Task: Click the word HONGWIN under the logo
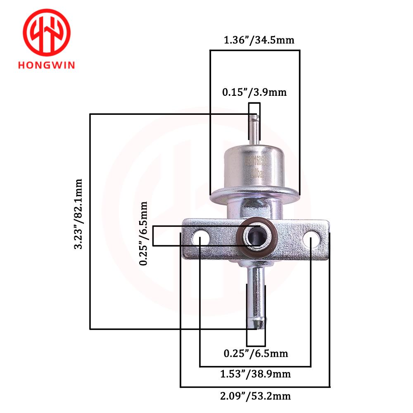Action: [x=46, y=65]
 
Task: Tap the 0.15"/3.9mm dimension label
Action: [x=254, y=92]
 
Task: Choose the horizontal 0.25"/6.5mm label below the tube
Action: [x=256, y=354]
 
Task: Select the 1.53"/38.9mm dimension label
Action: [x=255, y=374]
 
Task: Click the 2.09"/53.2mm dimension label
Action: [x=255, y=396]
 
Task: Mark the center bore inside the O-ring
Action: [x=255, y=237]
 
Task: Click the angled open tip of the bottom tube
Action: [x=258, y=324]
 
